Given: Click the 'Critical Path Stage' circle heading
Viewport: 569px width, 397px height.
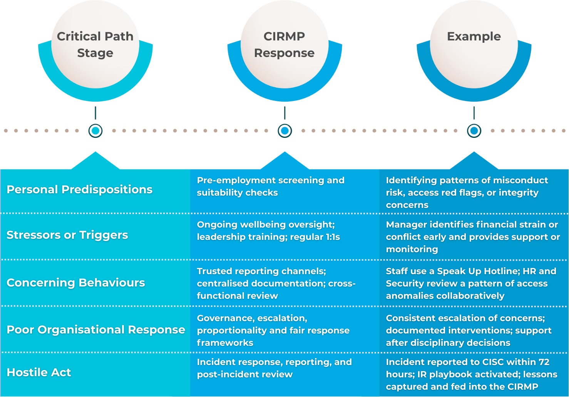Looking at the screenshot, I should [x=95, y=44].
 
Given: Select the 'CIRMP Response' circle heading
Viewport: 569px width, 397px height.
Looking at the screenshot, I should [x=284, y=44].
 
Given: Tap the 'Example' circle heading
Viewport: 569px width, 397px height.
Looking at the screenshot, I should [x=474, y=37].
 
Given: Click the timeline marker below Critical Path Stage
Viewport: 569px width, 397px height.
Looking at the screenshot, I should [x=95, y=131].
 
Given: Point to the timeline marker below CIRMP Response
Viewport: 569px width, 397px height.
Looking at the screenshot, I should [x=285, y=131].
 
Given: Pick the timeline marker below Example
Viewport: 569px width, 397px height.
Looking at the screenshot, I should [x=474, y=131].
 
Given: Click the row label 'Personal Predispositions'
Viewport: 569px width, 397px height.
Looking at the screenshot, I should [x=80, y=189].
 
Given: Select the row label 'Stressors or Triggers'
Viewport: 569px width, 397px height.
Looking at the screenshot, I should [x=67, y=235].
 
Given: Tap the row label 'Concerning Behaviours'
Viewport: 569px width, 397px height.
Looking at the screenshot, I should [x=76, y=283].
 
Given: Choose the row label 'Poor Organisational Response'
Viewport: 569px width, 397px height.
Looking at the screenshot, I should [x=96, y=330].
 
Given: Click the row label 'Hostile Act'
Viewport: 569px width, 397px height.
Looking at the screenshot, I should [x=39, y=372].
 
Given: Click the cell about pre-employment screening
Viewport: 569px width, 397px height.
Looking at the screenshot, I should [x=271, y=186].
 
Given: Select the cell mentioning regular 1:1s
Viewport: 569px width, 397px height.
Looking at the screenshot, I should [x=268, y=231].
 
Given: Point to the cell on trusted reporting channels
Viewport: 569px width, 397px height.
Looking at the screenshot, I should [x=276, y=283].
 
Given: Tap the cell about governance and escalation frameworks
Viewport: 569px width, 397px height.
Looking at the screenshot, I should [x=273, y=330].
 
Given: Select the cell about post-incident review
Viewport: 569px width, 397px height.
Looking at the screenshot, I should [x=274, y=368].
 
